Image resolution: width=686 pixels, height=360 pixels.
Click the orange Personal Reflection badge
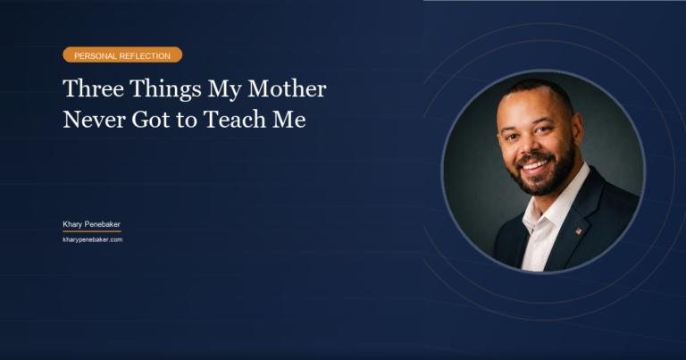[122, 55]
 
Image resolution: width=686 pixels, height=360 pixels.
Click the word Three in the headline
[91, 90]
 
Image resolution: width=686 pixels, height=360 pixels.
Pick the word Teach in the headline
[234, 120]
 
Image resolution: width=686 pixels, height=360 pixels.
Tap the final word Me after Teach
[289, 120]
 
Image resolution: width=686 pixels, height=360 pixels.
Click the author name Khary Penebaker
[92, 224]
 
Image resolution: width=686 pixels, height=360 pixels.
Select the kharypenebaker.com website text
[92, 239]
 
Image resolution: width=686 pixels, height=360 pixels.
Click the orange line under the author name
[92, 231]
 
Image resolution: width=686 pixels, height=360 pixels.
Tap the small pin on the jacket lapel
[578, 231]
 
